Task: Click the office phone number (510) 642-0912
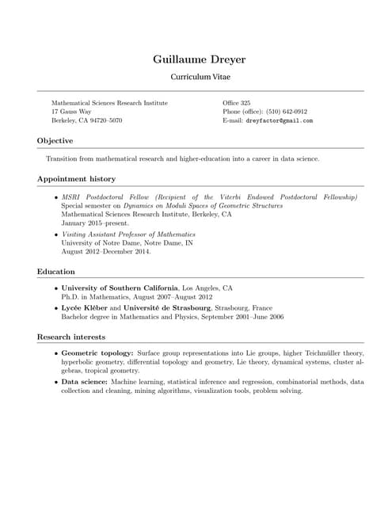pyautogui.click(x=287, y=112)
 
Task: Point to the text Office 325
pyautogui.click(x=237, y=103)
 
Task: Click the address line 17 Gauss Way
pyautogui.click(x=71, y=112)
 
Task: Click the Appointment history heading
pyautogui.click(x=76, y=179)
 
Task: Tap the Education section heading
pyautogui.click(x=55, y=271)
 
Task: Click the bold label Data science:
pyautogui.click(x=85, y=381)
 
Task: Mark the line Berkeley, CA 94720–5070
pyautogui.click(x=87, y=121)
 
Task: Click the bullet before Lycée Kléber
pyautogui.click(x=55, y=307)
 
